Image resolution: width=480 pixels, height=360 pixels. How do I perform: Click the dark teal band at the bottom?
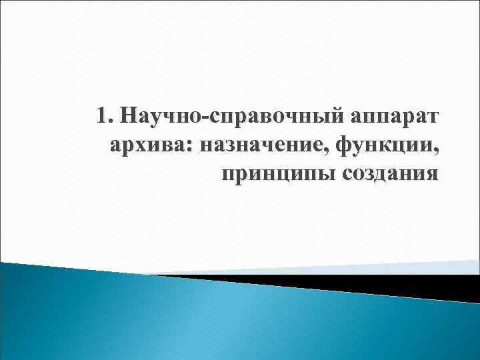click(200, 327)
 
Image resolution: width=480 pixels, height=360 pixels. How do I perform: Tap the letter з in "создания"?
click(370, 175)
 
